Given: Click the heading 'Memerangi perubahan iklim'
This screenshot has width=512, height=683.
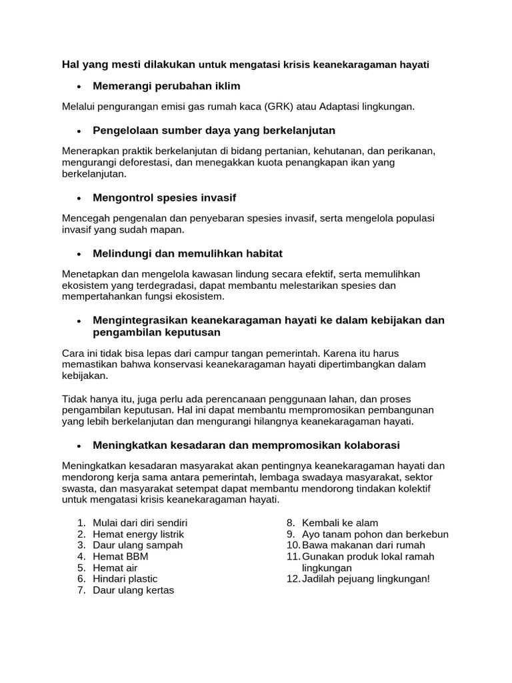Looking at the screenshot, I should pyautogui.click(x=166, y=87).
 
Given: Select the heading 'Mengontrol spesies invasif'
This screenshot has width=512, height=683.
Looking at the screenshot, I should pyautogui.click(x=164, y=198).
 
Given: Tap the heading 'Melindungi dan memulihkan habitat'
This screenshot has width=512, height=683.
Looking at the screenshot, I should pyautogui.click(x=188, y=253).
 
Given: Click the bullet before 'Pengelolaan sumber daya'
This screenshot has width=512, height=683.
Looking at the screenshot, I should pyautogui.click(x=79, y=131).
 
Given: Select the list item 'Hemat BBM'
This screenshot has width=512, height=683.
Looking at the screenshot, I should pyautogui.click(x=121, y=556).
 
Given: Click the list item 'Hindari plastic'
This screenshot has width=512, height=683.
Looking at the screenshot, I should pyautogui.click(x=125, y=579).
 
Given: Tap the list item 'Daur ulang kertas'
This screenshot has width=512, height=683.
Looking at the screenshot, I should pyautogui.click(x=133, y=590).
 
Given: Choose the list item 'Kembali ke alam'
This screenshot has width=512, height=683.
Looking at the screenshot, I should pyautogui.click(x=340, y=523).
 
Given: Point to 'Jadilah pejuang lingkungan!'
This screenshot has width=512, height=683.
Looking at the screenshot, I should pyautogui.click(x=366, y=579).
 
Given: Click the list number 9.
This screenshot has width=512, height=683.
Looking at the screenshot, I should pyautogui.click(x=291, y=534).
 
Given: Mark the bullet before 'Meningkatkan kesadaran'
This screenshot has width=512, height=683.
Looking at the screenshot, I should pyautogui.click(x=79, y=446).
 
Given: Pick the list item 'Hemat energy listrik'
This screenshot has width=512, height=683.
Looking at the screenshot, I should pyautogui.click(x=138, y=534).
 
